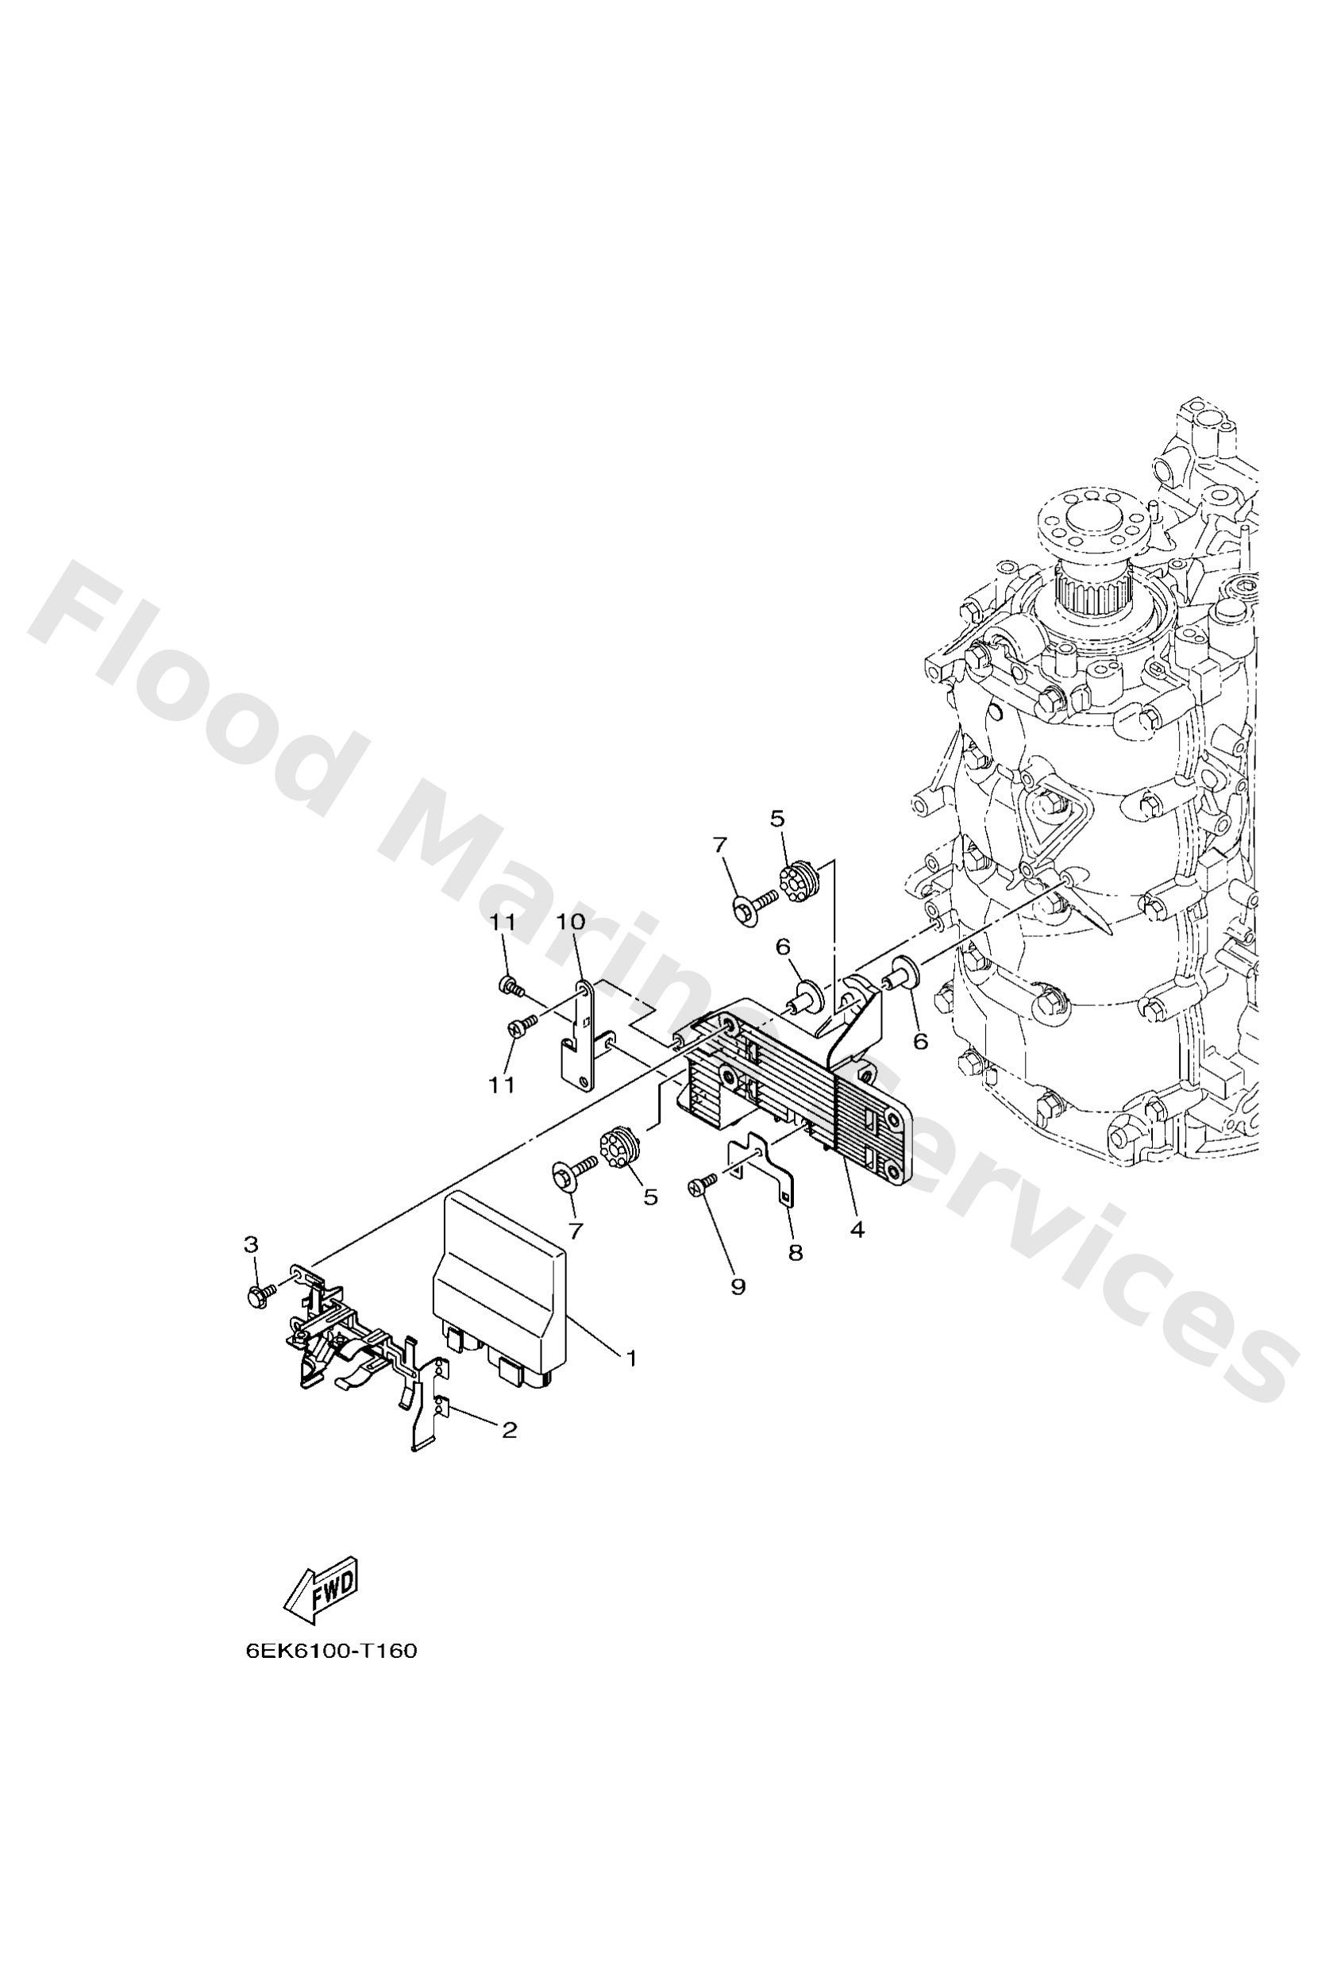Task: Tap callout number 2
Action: pyautogui.click(x=509, y=1430)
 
